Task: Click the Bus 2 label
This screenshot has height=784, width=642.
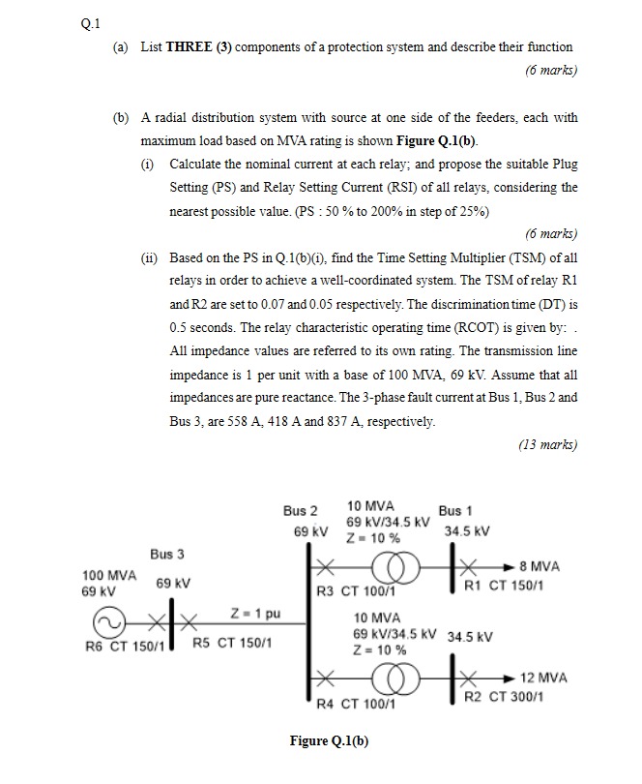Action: pos(300,510)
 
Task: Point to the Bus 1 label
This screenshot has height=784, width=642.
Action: pos(455,510)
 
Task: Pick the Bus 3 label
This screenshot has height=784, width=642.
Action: pos(167,554)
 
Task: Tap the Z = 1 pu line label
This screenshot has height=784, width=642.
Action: pos(255,613)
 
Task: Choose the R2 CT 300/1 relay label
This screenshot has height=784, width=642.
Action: pos(506,696)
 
